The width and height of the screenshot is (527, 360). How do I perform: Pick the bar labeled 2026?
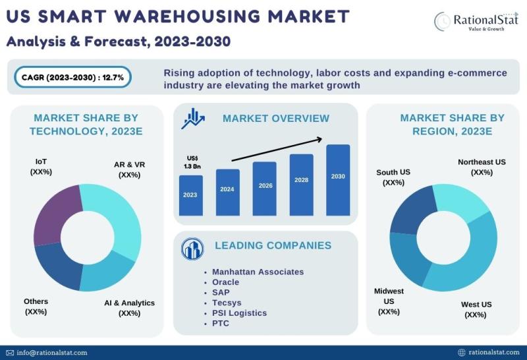click(x=264, y=188)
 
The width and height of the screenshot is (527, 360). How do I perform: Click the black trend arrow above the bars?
click(x=277, y=149)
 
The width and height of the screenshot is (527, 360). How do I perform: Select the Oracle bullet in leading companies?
click(x=225, y=282)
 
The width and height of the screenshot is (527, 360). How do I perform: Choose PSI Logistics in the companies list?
click(x=239, y=313)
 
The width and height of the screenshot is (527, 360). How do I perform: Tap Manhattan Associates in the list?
click(x=258, y=272)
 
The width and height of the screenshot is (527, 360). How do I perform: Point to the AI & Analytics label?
click(x=129, y=308)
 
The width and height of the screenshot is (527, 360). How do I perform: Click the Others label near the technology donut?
click(x=36, y=306)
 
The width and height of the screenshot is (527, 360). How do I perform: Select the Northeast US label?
click(x=482, y=167)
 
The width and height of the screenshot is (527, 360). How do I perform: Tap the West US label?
click(x=476, y=309)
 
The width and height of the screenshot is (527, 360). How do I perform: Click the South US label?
click(x=393, y=177)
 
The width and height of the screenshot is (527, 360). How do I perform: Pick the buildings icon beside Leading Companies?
click(x=192, y=248)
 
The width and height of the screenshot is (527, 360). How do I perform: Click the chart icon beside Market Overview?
click(x=193, y=119)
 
